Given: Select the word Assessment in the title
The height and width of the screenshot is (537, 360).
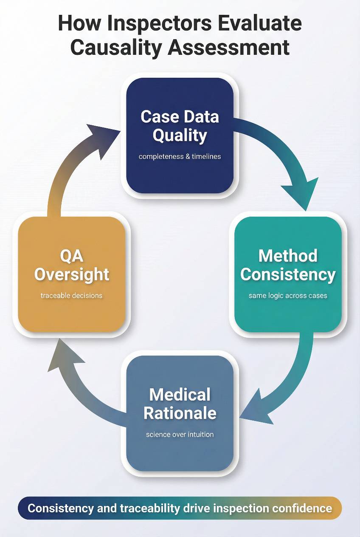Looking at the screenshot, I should pyautogui.click(x=229, y=47).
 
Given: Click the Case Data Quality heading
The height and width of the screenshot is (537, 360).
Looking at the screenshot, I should pyautogui.click(x=180, y=126).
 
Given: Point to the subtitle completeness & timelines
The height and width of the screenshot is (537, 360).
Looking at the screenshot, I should pyautogui.click(x=180, y=156).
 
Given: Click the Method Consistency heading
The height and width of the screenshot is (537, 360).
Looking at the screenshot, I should pyautogui.click(x=288, y=265).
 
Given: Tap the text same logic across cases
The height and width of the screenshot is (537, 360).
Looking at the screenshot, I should pyautogui.click(x=288, y=295).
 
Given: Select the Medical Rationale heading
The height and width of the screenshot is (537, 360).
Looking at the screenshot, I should pyautogui.click(x=180, y=404).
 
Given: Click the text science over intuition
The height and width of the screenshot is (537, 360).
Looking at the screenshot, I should pyautogui.click(x=180, y=434).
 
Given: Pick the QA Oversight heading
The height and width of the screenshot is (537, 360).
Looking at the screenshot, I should pyautogui.click(x=72, y=265).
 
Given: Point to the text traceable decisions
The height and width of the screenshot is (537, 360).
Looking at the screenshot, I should pyautogui.click(x=72, y=295).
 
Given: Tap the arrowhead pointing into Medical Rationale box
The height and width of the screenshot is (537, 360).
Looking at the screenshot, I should pyautogui.click(x=255, y=408).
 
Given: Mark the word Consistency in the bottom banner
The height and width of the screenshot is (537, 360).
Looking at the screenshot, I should pyautogui.click(x=61, y=508).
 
